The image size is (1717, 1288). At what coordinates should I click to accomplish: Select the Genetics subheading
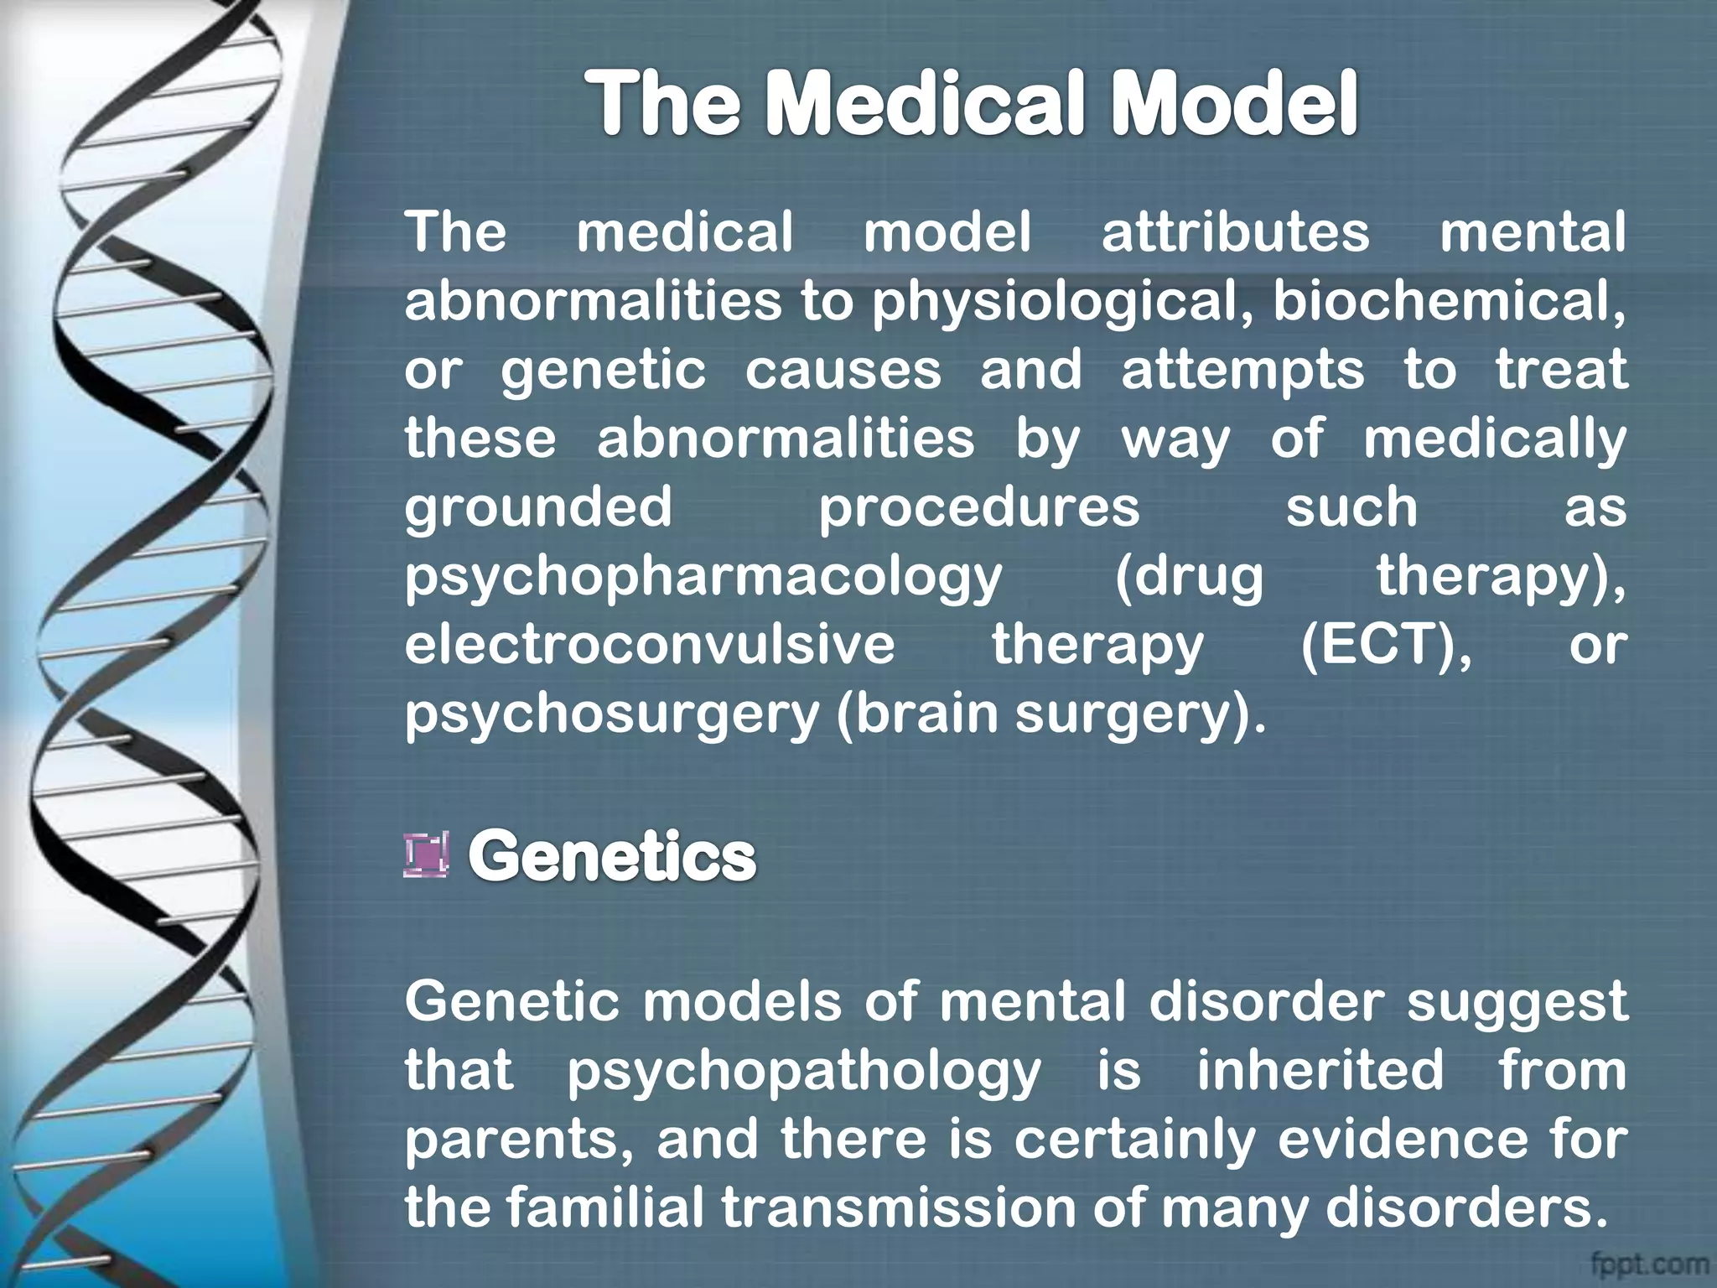[612, 856]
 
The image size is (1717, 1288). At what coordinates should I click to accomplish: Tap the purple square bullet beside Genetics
[426, 855]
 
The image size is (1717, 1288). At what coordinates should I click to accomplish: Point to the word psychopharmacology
[703, 579]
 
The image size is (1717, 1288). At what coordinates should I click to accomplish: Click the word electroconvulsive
[650, 646]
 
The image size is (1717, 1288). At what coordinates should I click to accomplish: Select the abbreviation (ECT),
[1386, 646]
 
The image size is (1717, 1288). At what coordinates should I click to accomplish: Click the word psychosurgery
[612, 715]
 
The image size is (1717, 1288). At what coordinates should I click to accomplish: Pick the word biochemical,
[1450, 302]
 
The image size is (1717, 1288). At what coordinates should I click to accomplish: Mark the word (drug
[1189, 579]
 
